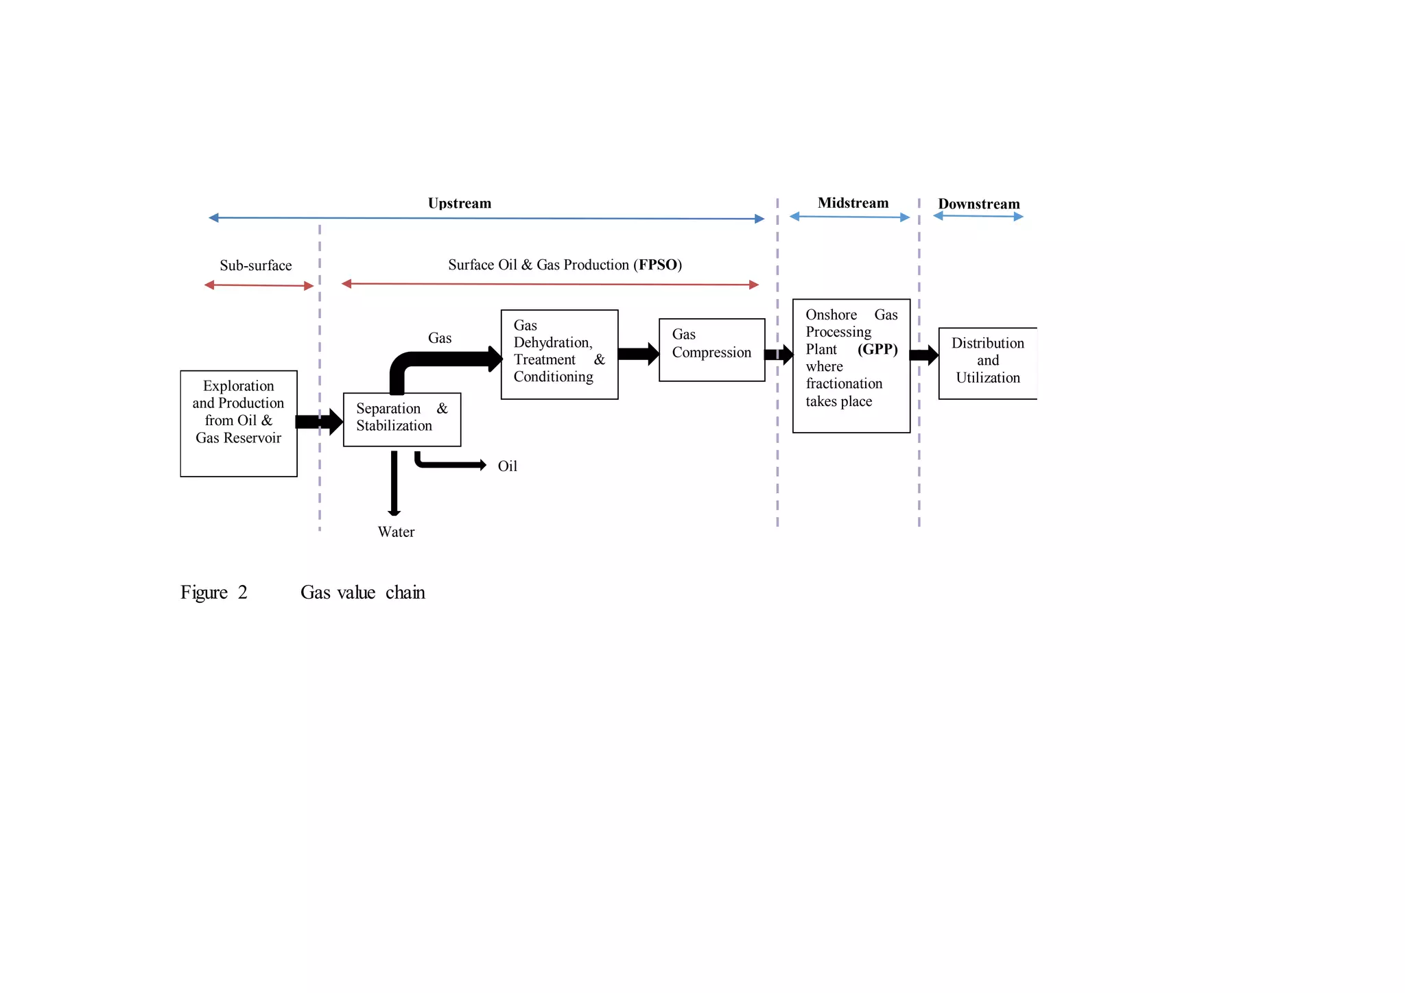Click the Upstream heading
point(459,203)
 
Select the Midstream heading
point(853,203)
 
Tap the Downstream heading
point(978,204)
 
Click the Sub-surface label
point(255,265)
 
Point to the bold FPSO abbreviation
point(658,265)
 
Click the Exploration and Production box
point(238,423)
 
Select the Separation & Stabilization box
point(401,419)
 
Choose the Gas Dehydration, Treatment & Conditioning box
point(559,354)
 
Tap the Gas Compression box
point(711,350)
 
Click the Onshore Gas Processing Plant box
point(851,366)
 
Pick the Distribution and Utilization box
point(987,363)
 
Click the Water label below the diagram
point(396,531)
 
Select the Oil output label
point(507,466)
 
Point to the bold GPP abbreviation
point(877,349)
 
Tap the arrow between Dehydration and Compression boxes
point(638,354)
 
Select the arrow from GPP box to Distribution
point(923,355)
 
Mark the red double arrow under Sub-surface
point(259,285)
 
